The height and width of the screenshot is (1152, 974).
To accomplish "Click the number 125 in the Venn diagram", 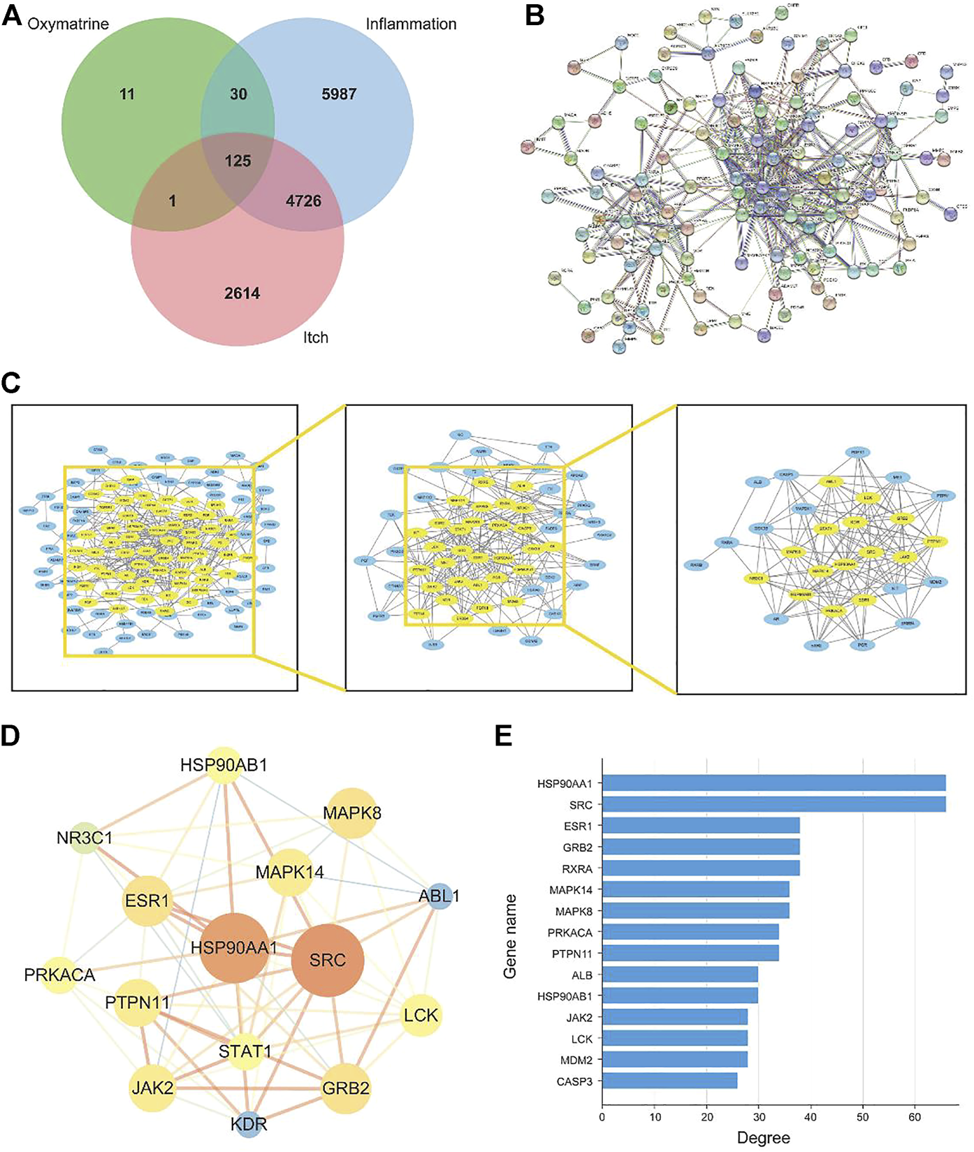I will tap(238, 161).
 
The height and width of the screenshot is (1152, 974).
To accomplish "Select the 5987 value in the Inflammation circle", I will tap(339, 94).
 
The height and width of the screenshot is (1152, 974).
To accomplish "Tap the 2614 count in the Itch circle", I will tap(242, 293).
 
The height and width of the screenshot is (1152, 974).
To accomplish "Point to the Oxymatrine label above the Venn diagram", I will tap(68, 24).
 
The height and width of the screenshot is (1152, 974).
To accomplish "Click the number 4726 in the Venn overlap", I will tap(303, 201).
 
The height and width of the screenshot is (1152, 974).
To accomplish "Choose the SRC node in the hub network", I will tap(327, 960).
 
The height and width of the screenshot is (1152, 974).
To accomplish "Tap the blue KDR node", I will tap(249, 1124).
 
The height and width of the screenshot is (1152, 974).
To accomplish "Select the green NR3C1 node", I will tap(85, 837).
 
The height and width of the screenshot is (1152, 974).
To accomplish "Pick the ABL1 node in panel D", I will tap(439, 896).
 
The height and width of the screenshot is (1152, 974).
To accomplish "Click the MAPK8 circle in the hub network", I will tap(352, 813).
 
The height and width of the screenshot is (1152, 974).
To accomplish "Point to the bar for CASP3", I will tap(669, 1081).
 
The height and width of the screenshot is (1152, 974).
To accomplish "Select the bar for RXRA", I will tap(701, 868).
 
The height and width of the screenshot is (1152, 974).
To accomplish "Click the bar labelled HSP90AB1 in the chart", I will tap(680, 996).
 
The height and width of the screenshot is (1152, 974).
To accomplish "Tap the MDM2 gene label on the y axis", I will tap(576, 1060).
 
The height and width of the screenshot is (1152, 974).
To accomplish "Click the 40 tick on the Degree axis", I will tap(811, 1117).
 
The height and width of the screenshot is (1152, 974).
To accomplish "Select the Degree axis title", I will tap(763, 1138).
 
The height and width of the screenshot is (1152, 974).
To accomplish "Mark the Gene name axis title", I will tap(511, 936).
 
